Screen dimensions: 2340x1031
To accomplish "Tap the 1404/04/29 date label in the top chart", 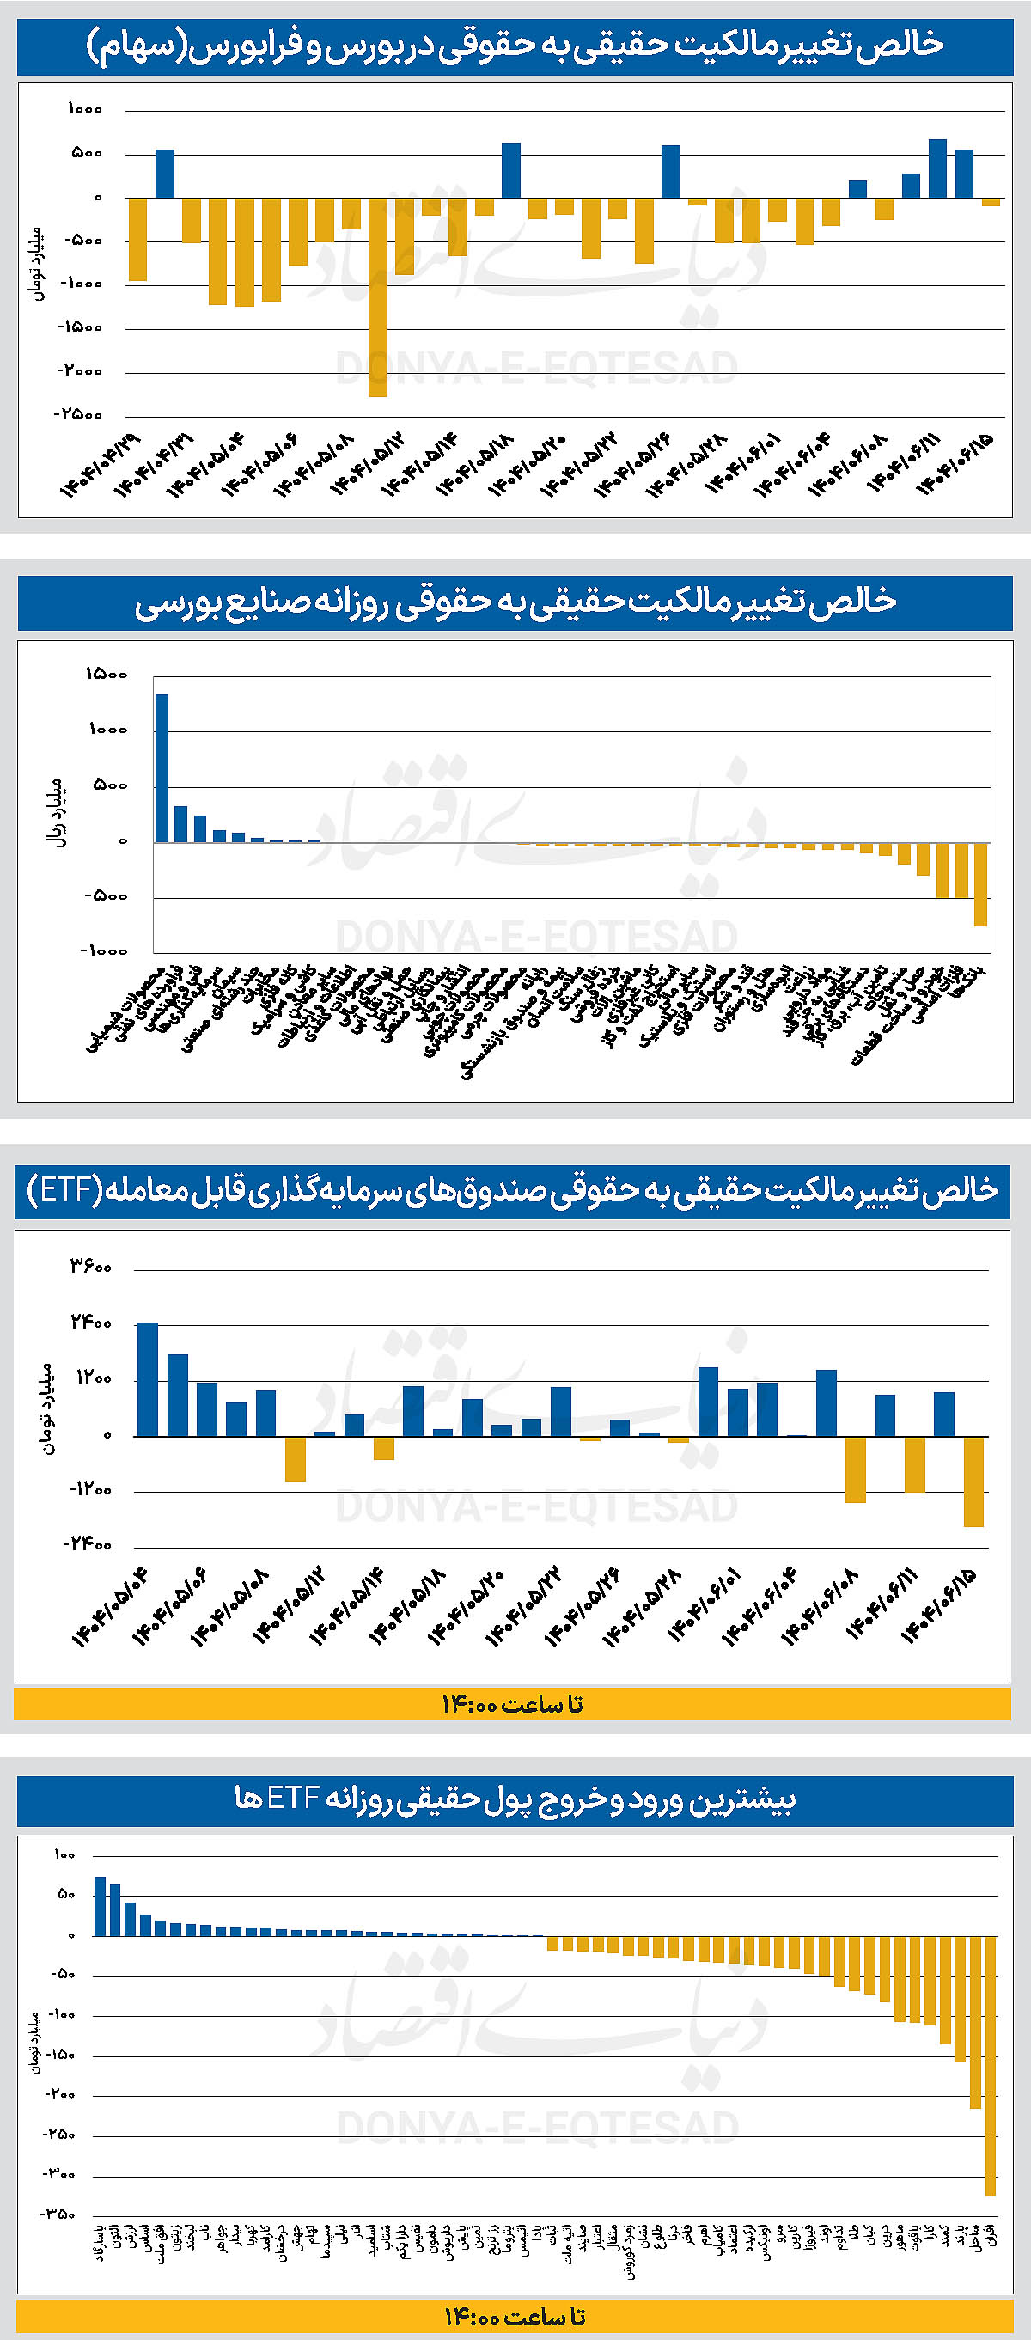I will [101, 464].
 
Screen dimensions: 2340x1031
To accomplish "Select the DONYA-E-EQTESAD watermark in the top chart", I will [536, 368].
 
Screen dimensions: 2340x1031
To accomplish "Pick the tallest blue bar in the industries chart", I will [162, 767].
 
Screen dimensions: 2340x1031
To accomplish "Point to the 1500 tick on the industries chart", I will [107, 674].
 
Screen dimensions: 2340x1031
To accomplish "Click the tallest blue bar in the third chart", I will [147, 1379].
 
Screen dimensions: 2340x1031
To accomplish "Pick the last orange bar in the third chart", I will [973, 1482].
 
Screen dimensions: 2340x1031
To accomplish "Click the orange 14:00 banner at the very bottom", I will [514, 2315].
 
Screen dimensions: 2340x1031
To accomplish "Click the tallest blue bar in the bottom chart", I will [100, 1906].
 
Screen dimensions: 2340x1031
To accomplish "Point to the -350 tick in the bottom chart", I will [61, 2214].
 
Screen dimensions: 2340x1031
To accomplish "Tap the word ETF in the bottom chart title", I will [290, 1799].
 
